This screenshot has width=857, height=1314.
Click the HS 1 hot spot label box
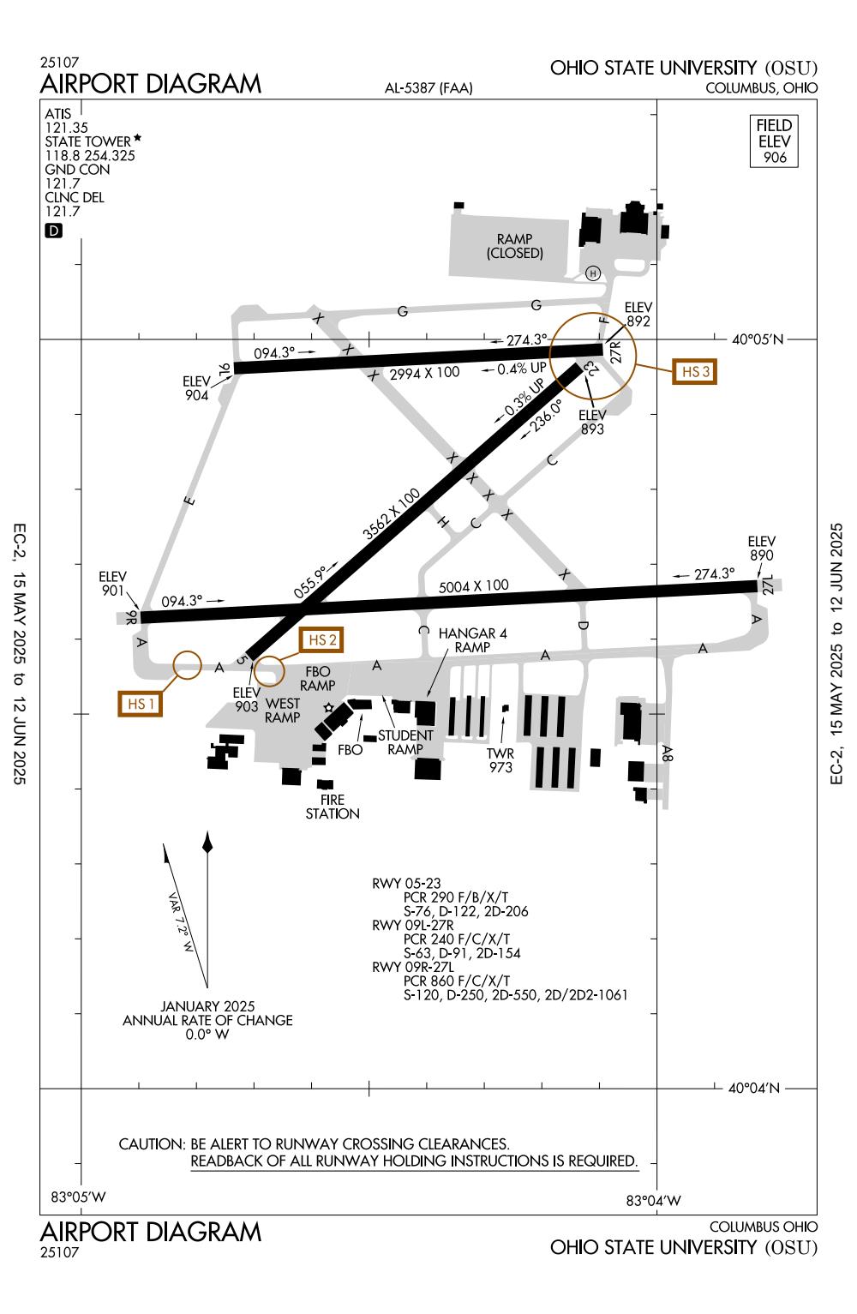pyautogui.click(x=140, y=704)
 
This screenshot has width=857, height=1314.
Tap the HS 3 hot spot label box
pyautogui.click(x=693, y=372)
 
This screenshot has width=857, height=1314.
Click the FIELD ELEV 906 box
pyautogui.click(x=774, y=141)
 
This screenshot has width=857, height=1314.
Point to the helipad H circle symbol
pyautogui.click(x=593, y=273)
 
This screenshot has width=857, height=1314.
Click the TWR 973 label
pyautogui.click(x=500, y=760)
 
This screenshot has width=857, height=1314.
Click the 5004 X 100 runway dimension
pyautogui.click(x=473, y=587)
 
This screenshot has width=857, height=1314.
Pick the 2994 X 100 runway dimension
pyautogui.click(x=424, y=373)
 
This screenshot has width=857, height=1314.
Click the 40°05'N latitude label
pyautogui.click(x=757, y=339)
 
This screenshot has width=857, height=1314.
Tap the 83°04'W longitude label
pyautogui.click(x=654, y=1200)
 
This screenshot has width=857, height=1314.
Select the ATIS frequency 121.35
pyautogui.click(x=62, y=127)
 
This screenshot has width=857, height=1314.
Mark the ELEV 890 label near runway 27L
pyautogui.click(x=761, y=548)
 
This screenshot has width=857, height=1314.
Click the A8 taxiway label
pyautogui.click(x=668, y=753)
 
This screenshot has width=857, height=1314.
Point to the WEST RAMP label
pyautogui.click(x=283, y=711)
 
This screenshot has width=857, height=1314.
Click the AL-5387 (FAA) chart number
pyautogui.click(x=429, y=88)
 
